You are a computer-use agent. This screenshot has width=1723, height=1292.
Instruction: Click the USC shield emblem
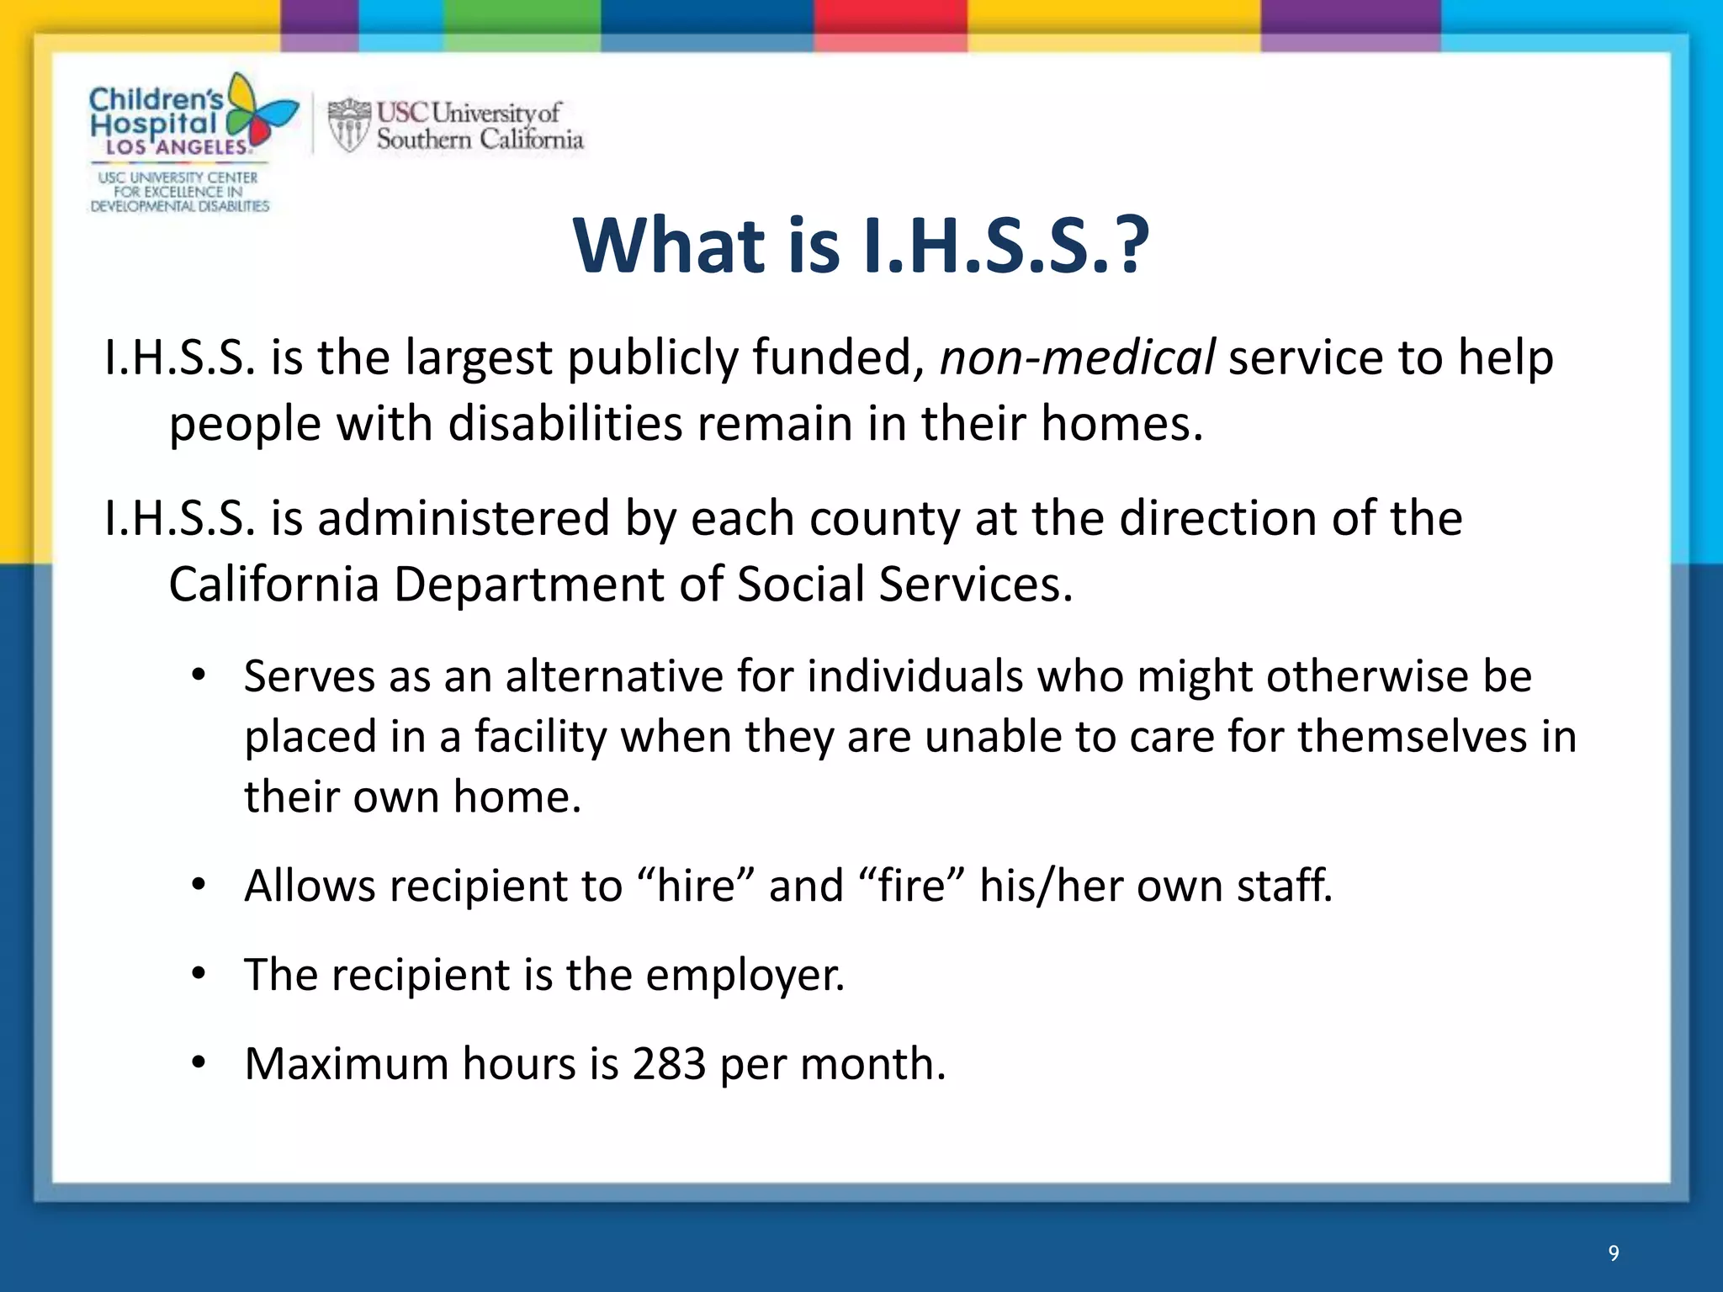point(348,125)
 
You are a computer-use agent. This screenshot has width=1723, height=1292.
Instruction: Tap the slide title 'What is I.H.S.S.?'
point(860,246)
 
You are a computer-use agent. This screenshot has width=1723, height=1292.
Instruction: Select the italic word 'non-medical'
point(1077,357)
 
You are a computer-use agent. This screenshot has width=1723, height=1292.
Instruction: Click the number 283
point(669,1063)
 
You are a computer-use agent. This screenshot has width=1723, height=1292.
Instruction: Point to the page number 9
point(1613,1253)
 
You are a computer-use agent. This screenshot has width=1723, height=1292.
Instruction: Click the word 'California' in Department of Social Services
point(273,584)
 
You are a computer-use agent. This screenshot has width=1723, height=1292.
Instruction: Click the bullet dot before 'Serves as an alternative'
point(199,675)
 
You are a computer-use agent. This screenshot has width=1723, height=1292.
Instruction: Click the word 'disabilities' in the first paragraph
point(565,423)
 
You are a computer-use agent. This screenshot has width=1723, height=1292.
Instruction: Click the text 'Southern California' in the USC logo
point(480,140)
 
